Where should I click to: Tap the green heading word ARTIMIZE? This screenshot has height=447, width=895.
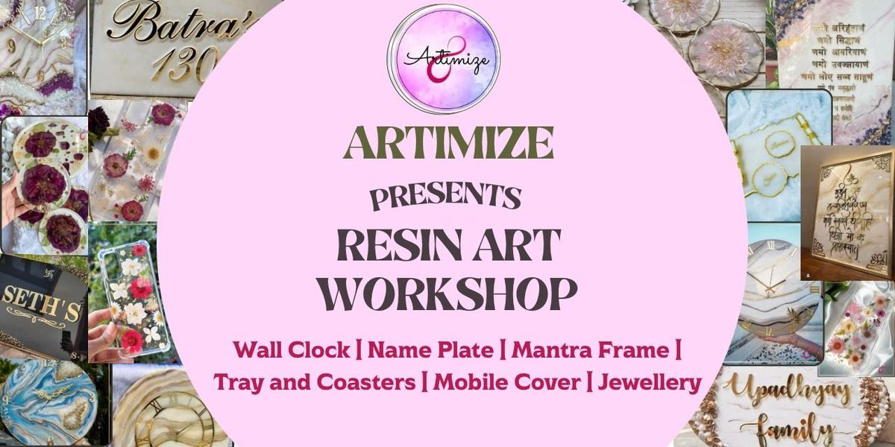tap(448, 144)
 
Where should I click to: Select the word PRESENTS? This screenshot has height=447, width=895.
tap(445, 197)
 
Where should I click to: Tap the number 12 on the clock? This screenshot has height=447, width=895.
tap(40, 13)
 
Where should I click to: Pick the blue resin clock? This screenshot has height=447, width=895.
tap(48, 402)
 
